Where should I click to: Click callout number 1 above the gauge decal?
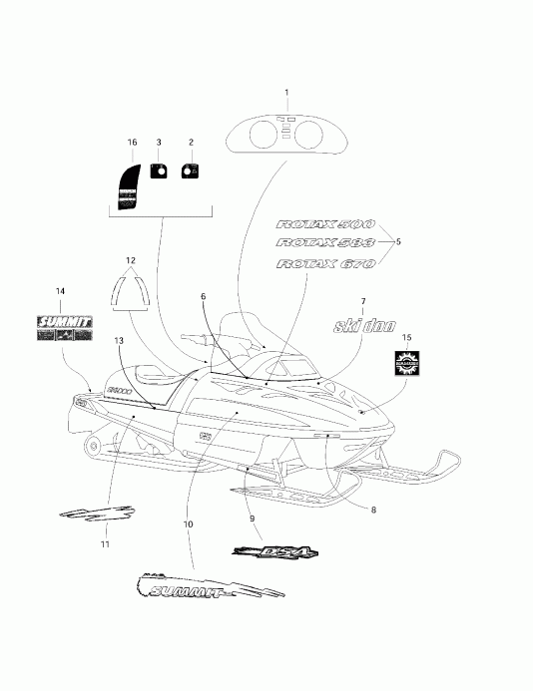[287, 93]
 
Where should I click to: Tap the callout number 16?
[132, 143]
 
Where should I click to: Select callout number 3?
[158, 143]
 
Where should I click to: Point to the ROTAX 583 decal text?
[324, 244]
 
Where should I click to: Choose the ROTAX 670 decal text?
[324, 264]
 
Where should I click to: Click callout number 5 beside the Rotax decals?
[398, 242]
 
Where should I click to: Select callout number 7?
[362, 300]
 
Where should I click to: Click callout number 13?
[119, 341]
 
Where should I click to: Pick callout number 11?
[106, 545]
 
